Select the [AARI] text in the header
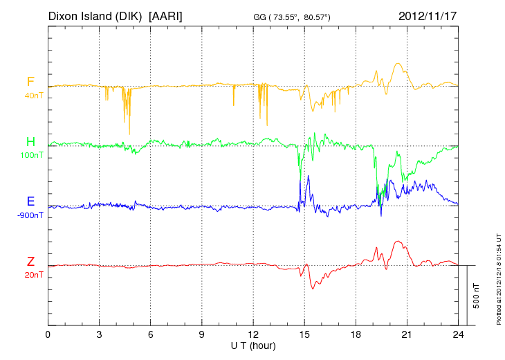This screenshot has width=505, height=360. tap(166, 15)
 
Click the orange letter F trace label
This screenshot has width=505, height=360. tap(30, 82)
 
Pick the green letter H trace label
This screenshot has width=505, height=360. tap(30, 142)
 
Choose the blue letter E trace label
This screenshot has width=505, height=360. tap(30, 201)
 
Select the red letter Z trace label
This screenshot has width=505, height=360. tap(30, 261)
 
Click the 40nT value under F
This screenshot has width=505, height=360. tap(33, 96)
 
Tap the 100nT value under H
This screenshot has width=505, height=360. tap(32, 155)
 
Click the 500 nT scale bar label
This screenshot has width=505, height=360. tap(477, 296)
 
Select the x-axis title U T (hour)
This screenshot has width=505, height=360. tap(253, 345)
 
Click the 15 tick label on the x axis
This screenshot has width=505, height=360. tap(304, 334)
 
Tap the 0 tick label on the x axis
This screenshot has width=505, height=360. tap(48, 334)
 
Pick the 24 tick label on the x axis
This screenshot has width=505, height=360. tap(458, 334)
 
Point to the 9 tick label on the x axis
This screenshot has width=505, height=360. tap(202, 334)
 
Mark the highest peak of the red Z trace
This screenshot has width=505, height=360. tap(398, 241)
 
